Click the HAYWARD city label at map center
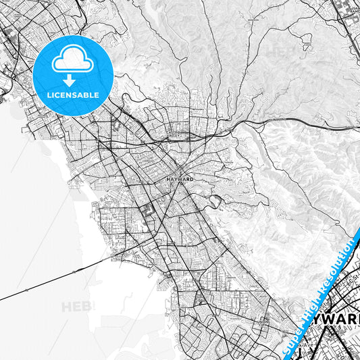pos(179,180)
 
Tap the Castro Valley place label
pos(176,133)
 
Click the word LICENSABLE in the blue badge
pos(72,95)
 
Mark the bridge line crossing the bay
pos(54,280)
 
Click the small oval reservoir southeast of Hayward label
pos(215,201)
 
